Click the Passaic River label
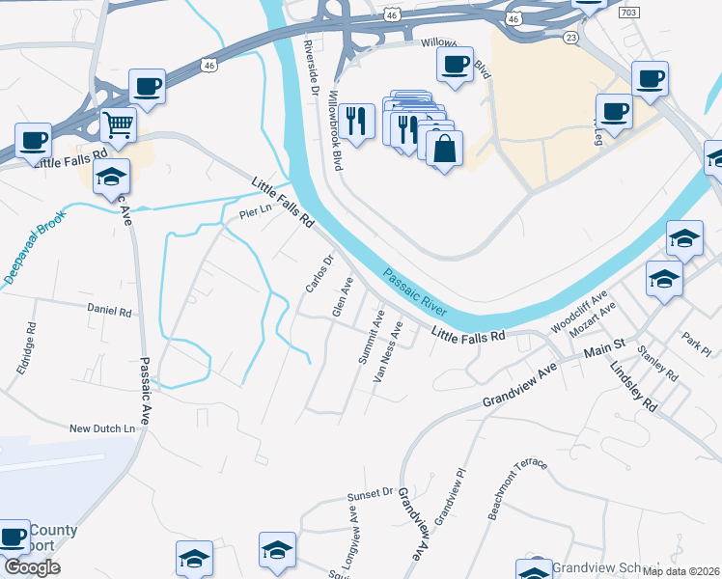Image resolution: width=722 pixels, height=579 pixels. tap(415, 291)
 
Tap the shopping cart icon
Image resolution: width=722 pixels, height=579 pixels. tap(118, 124)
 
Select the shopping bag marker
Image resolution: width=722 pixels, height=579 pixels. tap(444, 150)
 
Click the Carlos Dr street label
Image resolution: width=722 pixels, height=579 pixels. tap(319, 274)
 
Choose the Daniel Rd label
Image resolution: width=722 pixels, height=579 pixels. tap(109, 311)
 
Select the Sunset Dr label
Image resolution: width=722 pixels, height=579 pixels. tap(372, 497)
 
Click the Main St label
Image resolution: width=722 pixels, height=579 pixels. tap(605, 345)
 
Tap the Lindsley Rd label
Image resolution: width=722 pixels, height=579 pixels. tap(633, 385)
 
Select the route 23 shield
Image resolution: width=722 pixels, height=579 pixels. tap(571, 37)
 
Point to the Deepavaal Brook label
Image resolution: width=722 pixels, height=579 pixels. tap(37, 247)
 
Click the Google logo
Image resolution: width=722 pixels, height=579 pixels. tap(30, 567)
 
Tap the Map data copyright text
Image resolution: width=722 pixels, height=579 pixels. tap(681, 571)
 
